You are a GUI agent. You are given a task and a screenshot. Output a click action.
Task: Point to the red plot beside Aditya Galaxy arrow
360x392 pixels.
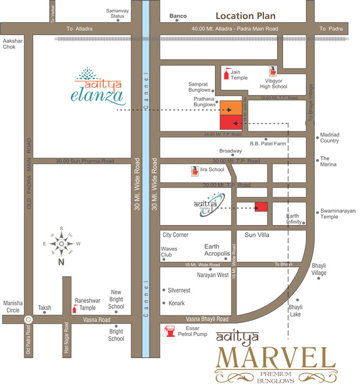click(261, 208)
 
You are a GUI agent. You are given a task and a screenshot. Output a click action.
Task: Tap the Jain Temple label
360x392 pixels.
click(239, 75)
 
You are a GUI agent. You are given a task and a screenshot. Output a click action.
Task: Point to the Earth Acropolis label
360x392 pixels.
click(219, 250)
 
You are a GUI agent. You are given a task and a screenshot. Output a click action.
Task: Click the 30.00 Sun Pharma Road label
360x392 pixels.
click(85, 161)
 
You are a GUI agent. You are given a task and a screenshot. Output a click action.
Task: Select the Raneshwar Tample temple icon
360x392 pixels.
click(75, 308)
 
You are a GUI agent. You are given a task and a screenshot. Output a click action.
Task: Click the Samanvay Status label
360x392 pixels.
click(115, 13)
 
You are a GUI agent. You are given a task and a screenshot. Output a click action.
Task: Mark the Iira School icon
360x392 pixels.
click(195, 171)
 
